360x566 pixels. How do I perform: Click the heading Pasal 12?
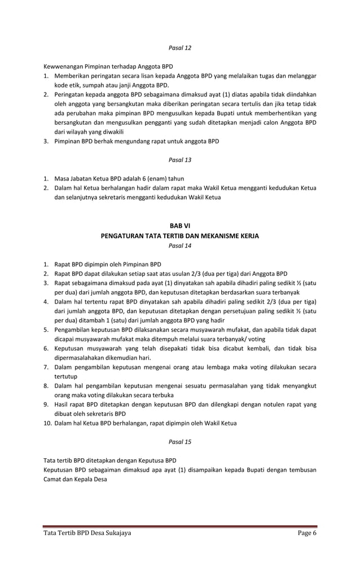[180, 48]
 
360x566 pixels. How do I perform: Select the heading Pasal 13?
[180, 160]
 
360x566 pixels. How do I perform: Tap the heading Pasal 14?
[180, 245]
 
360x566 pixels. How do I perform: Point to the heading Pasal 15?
[180, 441]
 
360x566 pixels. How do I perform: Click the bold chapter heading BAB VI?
[180, 226]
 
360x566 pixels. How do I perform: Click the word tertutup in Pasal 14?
[67, 376]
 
